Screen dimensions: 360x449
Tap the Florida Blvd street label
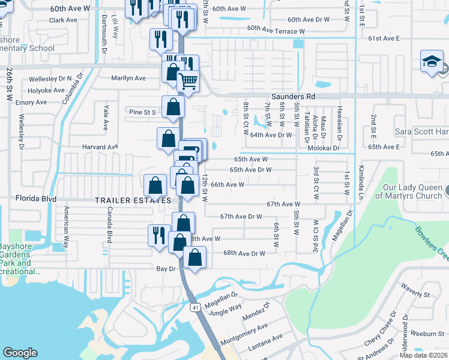coord(35,197)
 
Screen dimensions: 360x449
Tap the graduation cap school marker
coord(432,62)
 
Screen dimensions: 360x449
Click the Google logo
coord(20,353)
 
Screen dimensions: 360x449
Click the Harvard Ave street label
coord(100,147)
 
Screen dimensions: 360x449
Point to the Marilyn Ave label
coord(128,78)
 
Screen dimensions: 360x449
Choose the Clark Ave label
coord(64,20)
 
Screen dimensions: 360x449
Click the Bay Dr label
coord(166,269)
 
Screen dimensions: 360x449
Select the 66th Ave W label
coord(227,185)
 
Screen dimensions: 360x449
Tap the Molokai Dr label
coord(324,148)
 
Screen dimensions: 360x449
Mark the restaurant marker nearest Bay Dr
coord(158,233)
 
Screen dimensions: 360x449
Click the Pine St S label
coord(142,112)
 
